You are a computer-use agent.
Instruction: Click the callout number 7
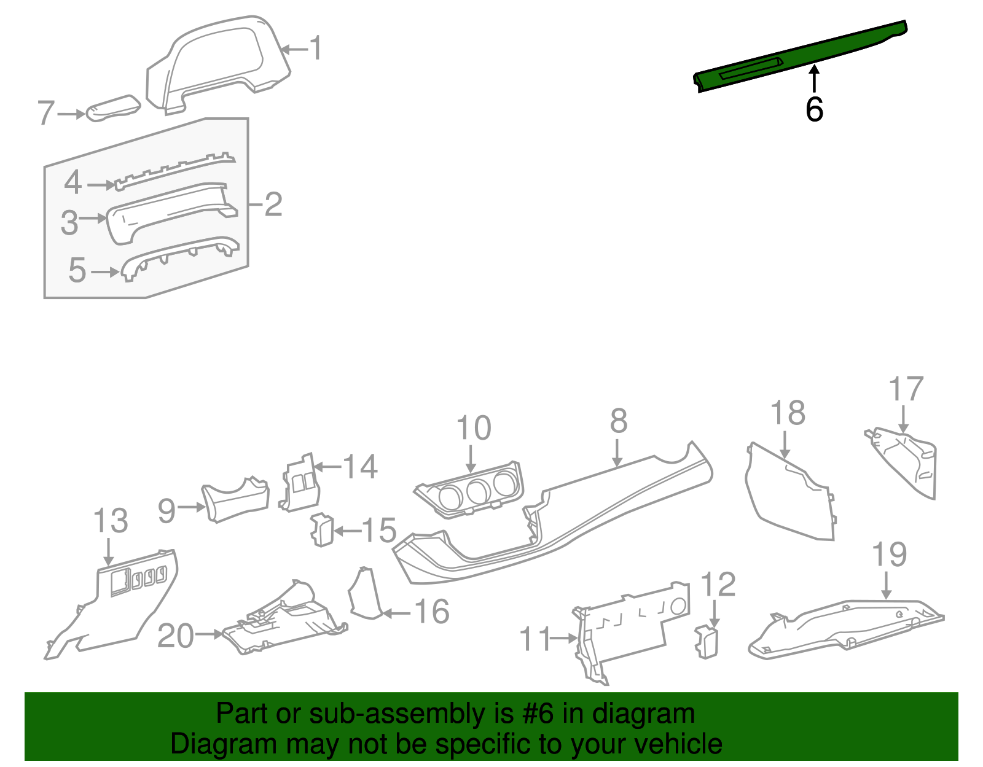coord(46,114)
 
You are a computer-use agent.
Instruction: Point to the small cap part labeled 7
coord(112,108)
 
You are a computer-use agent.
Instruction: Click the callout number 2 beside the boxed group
coord(273,204)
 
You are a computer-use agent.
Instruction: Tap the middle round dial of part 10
coord(477,491)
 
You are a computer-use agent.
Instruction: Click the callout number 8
coord(619,421)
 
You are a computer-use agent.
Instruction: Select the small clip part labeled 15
coord(321,529)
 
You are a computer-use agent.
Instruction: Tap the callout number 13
coord(111,521)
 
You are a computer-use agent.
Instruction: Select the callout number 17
coord(906,389)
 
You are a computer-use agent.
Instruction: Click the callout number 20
coord(176,636)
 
